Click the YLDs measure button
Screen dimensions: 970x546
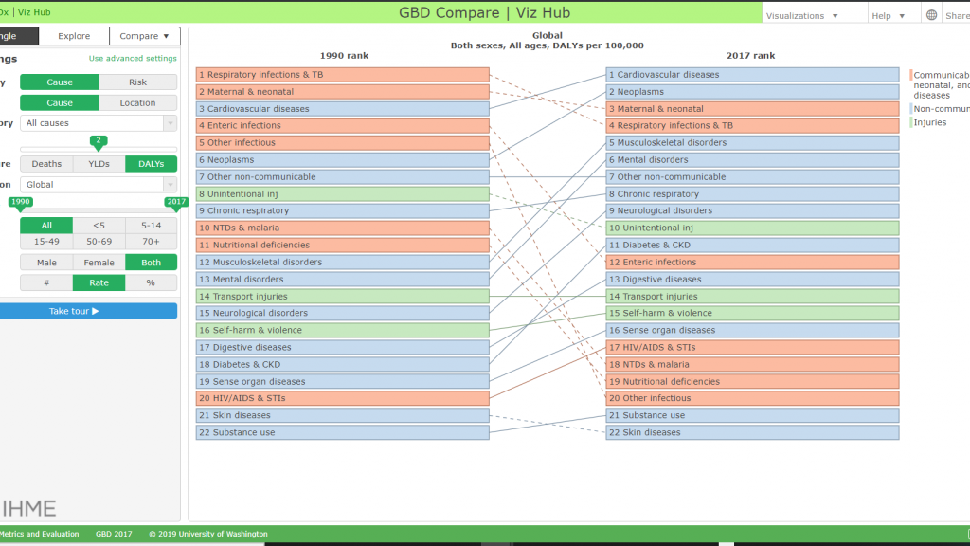(x=99, y=164)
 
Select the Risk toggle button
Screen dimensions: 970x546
(x=137, y=82)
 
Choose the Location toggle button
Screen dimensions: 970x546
(x=137, y=102)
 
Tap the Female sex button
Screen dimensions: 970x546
(x=99, y=263)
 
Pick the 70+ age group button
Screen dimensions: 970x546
(x=151, y=242)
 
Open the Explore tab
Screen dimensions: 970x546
(x=74, y=36)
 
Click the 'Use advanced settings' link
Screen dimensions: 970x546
(x=133, y=58)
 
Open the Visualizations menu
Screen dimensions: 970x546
(x=801, y=16)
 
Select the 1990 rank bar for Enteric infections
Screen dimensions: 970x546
(x=343, y=126)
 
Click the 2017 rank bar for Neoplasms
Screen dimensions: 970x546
(x=752, y=92)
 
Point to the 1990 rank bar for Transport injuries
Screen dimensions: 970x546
(x=343, y=297)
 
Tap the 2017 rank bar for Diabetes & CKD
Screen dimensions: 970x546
(x=752, y=246)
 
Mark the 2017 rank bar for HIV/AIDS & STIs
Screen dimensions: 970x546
(x=752, y=347)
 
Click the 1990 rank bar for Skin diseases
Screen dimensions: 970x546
(x=343, y=415)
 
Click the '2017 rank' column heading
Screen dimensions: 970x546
(x=750, y=56)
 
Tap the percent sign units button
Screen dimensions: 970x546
(x=151, y=282)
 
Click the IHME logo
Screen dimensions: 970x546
(x=28, y=509)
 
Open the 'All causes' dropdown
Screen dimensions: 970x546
(x=99, y=123)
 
